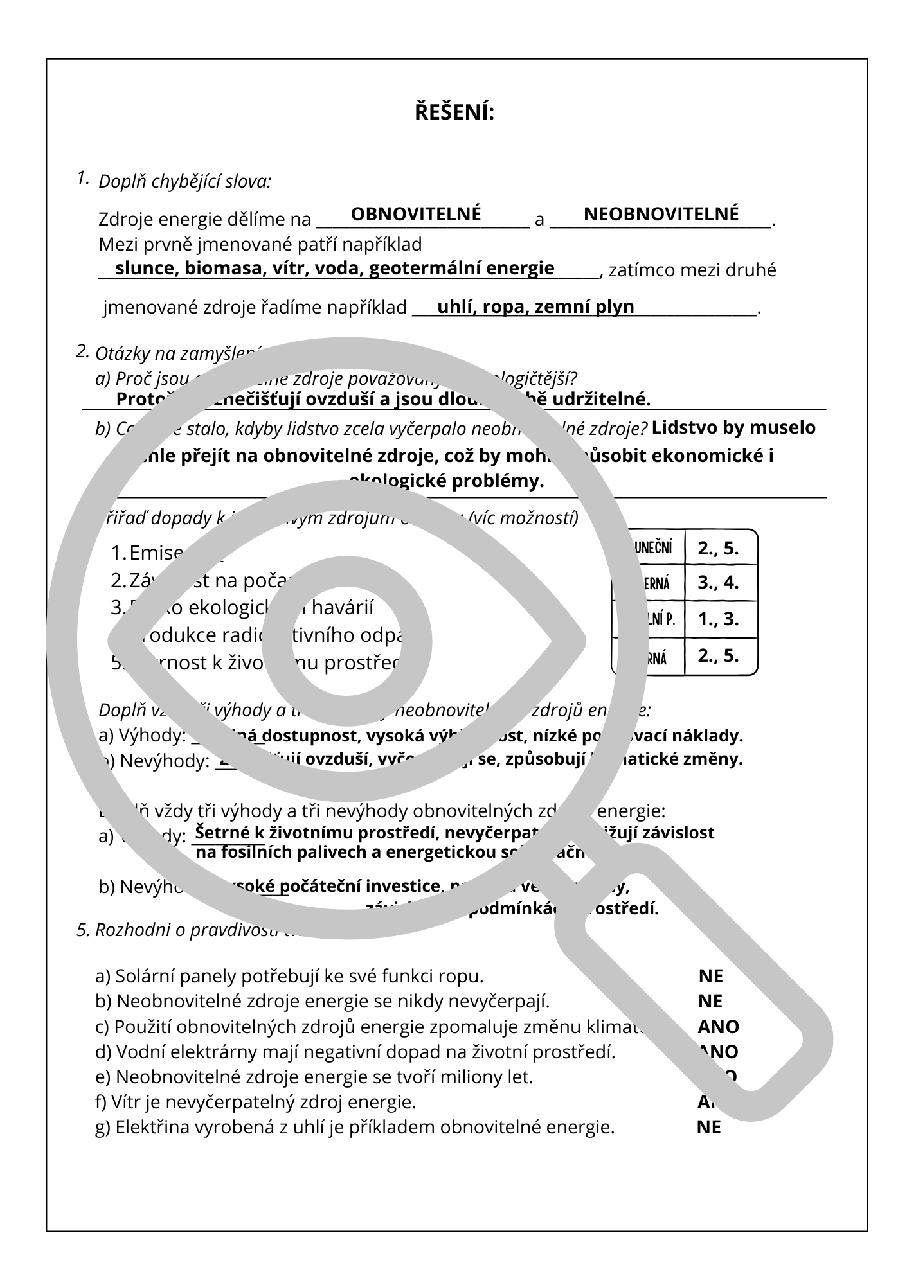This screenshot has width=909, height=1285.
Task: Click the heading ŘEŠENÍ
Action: pyautogui.click(x=454, y=113)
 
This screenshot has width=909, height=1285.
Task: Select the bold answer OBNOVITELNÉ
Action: pyautogui.click(x=415, y=213)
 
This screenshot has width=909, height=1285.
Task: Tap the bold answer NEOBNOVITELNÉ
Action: pyautogui.click(x=661, y=213)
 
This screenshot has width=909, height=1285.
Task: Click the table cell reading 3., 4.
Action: pyautogui.click(x=718, y=583)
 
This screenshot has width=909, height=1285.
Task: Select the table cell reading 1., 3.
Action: pyautogui.click(x=718, y=619)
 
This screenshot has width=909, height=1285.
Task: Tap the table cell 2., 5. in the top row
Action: pyautogui.click(x=718, y=548)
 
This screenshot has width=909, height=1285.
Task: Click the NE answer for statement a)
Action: pyautogui.click(x=710, y=977)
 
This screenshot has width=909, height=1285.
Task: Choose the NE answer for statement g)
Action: pyautogui.click(x=708, y=1127)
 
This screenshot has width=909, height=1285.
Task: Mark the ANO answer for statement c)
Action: pyautogui.click(x=718, y=1027)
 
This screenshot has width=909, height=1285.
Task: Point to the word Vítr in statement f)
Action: pyautogui.click(x=124, y=1103)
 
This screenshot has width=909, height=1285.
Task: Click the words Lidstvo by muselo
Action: pyautogui.click(x=733, y=427)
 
